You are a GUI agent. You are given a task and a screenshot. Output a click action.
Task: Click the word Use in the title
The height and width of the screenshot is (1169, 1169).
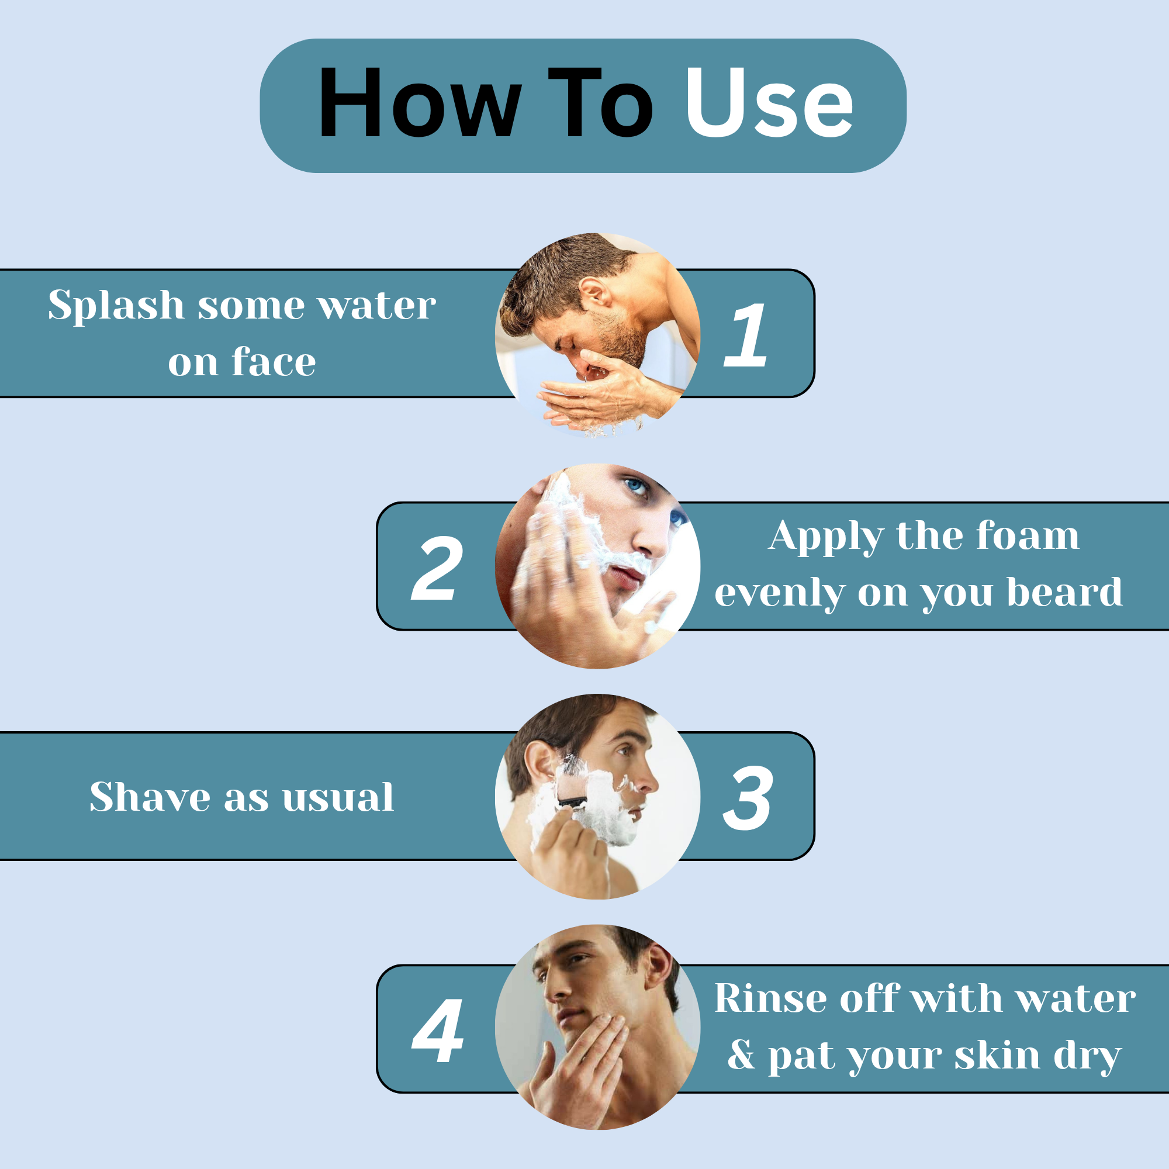(769, 102)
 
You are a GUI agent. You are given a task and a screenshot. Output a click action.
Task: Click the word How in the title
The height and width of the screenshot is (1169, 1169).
(420, 102)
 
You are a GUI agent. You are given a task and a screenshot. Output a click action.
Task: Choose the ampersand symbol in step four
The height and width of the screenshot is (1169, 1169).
(741, 1055)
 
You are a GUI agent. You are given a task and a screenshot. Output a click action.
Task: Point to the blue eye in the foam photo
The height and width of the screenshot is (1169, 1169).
(635, 485)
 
